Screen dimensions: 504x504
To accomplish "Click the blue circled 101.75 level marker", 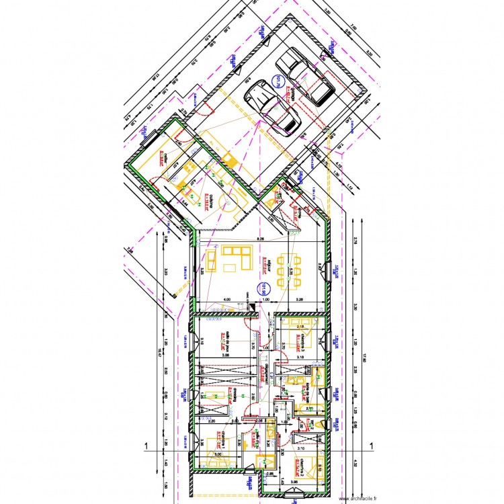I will (x=276, y=83).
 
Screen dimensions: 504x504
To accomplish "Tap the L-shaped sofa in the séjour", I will (x=235, y=259).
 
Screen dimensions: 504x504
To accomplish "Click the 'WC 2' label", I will (x=312, y=424).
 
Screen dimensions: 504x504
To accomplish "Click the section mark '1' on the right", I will (x=370, y=445).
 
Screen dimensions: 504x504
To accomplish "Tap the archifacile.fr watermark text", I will (x=358, y=499).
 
